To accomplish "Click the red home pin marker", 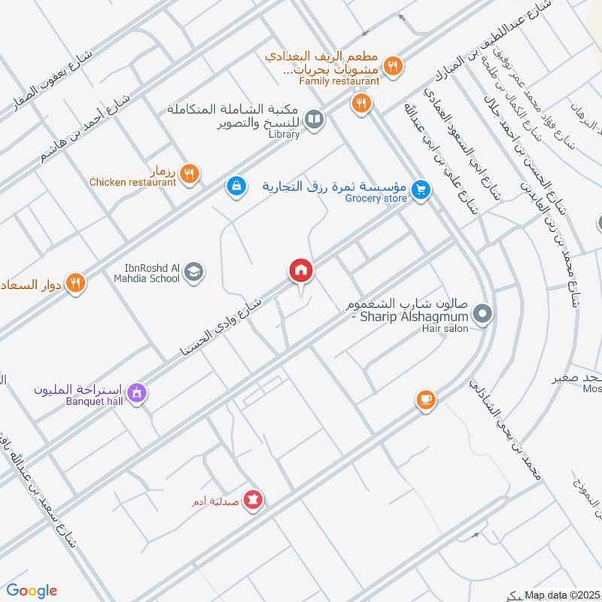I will click(301, 270).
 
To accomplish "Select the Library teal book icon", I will click(315, 119).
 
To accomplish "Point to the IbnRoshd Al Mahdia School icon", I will click(195, 272).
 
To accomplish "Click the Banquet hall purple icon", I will click(136, 392).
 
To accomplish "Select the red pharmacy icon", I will click(254, 499).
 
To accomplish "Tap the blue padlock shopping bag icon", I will click(236, 185).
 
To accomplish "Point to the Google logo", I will click(32, 591).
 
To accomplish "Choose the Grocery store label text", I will click(376, 198).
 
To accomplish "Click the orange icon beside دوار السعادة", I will click(74, 284).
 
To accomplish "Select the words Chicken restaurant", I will click(132, 182).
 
